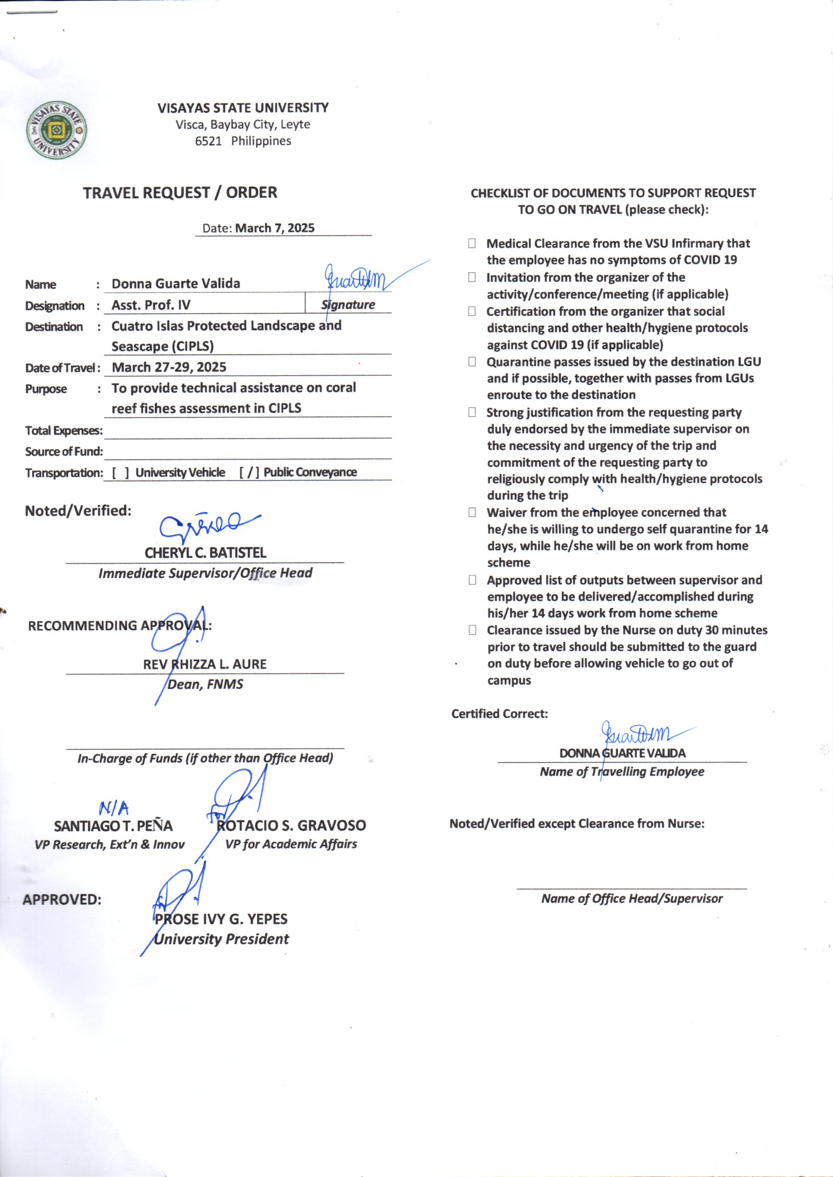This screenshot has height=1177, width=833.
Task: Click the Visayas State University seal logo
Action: pyautogui.click(x=56, y=130)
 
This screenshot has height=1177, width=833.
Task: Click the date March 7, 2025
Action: pyautogui.click(x=274, y=228)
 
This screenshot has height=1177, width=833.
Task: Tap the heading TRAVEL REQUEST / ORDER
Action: pyautogui.click(x=180, y=193)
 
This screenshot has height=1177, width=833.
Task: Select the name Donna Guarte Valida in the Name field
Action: pyautogui.click(x=176, y=283)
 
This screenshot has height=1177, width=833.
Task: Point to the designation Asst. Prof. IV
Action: pyautogui.click(x=151, y=305)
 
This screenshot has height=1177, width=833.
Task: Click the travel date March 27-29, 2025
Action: pyautogui.click(x=169, y=367)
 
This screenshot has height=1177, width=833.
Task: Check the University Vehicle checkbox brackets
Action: pyautogui.click(x=120, y=473)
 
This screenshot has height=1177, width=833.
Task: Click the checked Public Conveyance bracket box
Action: pyautogui.click(x=249, y=473)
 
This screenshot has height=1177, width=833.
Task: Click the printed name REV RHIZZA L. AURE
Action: pyautogui.click(x=204, y=665)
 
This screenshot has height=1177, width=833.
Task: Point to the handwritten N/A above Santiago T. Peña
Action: pyautogui.click(x=114, y=809)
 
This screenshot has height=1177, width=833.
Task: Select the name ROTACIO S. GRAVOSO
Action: pyautogui.click(x=291, y=825)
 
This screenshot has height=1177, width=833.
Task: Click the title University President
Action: pyautogui.click(x=221, y=939)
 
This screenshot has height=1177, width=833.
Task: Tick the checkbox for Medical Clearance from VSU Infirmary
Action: pyautogui.click(x=471, y=244)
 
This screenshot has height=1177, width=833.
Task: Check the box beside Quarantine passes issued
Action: pyautogui.click(x=471, y=362)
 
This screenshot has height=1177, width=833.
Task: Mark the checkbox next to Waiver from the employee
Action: pyautogui.click(x=472, y=512)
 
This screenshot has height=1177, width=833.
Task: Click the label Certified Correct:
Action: pyautogui.click(x=499, y=713)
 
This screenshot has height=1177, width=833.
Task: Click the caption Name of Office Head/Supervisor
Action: pyautogui.click(x=632, y=898)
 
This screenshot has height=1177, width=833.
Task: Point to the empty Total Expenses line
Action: pyautogui.click(x=247, y=431)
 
